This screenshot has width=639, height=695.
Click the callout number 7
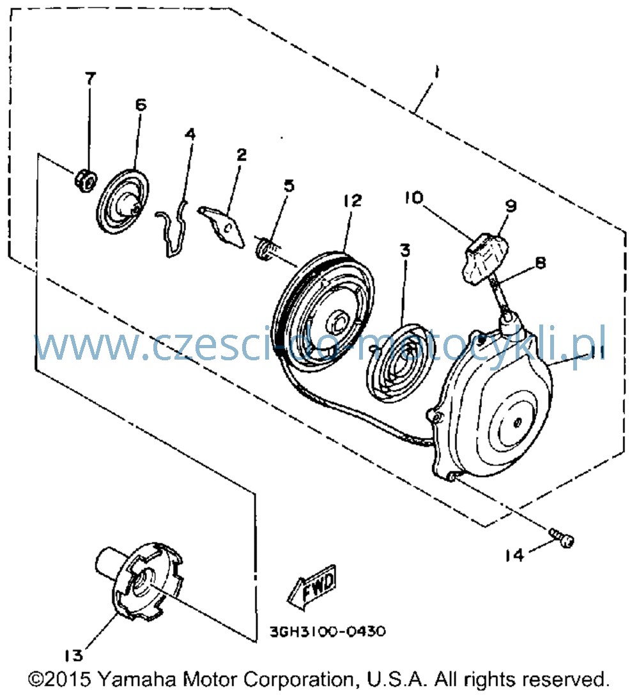point(90,79)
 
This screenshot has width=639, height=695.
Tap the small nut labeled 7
point(85,180)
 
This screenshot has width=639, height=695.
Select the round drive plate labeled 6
point(123,201)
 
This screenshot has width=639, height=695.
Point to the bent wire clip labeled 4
point(174,228)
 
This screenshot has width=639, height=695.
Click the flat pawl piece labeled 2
point(222,226)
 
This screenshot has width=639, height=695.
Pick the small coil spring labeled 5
point(268,248)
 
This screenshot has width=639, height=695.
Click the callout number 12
point(353,201)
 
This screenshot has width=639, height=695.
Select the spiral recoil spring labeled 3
point(397,363)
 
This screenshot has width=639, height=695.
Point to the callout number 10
point(414,197)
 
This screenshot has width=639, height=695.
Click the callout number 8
point(540,263)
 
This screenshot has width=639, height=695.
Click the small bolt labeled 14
point(562,537)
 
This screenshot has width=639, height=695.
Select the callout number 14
point(514,555)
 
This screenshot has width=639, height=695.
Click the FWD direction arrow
point(312,587)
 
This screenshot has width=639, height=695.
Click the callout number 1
point(437,72)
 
